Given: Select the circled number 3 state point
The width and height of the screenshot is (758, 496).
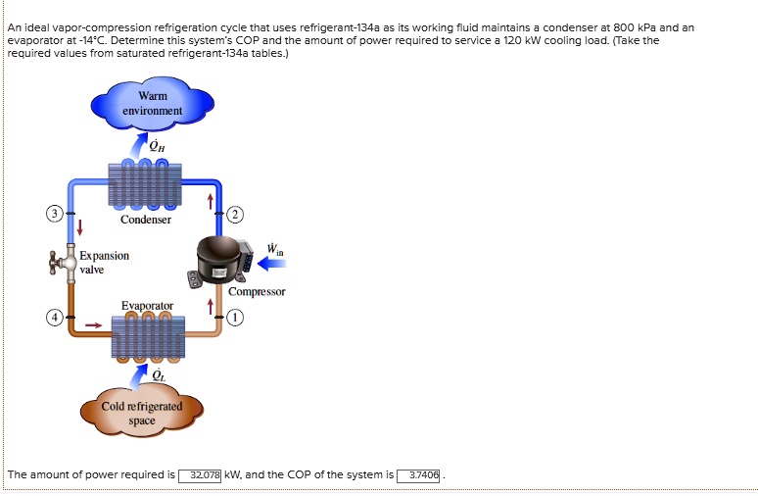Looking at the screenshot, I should (57, 213).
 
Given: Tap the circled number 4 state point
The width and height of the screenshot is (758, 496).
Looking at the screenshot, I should (57, 319).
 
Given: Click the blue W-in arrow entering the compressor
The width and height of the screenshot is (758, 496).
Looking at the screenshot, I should (271, 262).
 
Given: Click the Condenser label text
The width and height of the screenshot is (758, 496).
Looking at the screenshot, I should (145, 220).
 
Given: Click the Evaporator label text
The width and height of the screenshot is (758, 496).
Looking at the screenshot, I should (147, 306).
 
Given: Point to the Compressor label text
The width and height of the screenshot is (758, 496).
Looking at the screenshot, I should (257, 291).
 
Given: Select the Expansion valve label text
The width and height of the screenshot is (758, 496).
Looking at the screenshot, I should (104, 262).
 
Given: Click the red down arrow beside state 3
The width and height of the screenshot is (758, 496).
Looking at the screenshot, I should (80, 227).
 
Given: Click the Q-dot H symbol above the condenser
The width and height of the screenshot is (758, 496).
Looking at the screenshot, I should (159, 146).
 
